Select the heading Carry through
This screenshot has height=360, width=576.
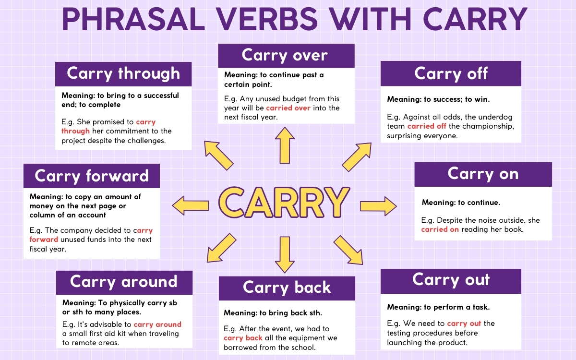123,73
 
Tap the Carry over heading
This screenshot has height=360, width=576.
286,55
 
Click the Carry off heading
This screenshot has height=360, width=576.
451,73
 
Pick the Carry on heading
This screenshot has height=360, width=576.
483,174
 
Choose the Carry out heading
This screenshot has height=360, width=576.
451,280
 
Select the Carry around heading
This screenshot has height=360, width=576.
124,282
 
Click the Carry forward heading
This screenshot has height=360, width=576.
92,176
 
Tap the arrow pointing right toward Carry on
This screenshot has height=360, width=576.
378,206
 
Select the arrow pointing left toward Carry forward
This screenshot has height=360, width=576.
191,206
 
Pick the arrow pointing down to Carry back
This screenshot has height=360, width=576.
285,254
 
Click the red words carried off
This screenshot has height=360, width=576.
427,126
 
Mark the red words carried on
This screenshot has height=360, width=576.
440,229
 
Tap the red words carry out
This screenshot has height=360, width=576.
464,324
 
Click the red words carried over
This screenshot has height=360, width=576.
288,108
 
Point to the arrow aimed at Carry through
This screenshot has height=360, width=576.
218,155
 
